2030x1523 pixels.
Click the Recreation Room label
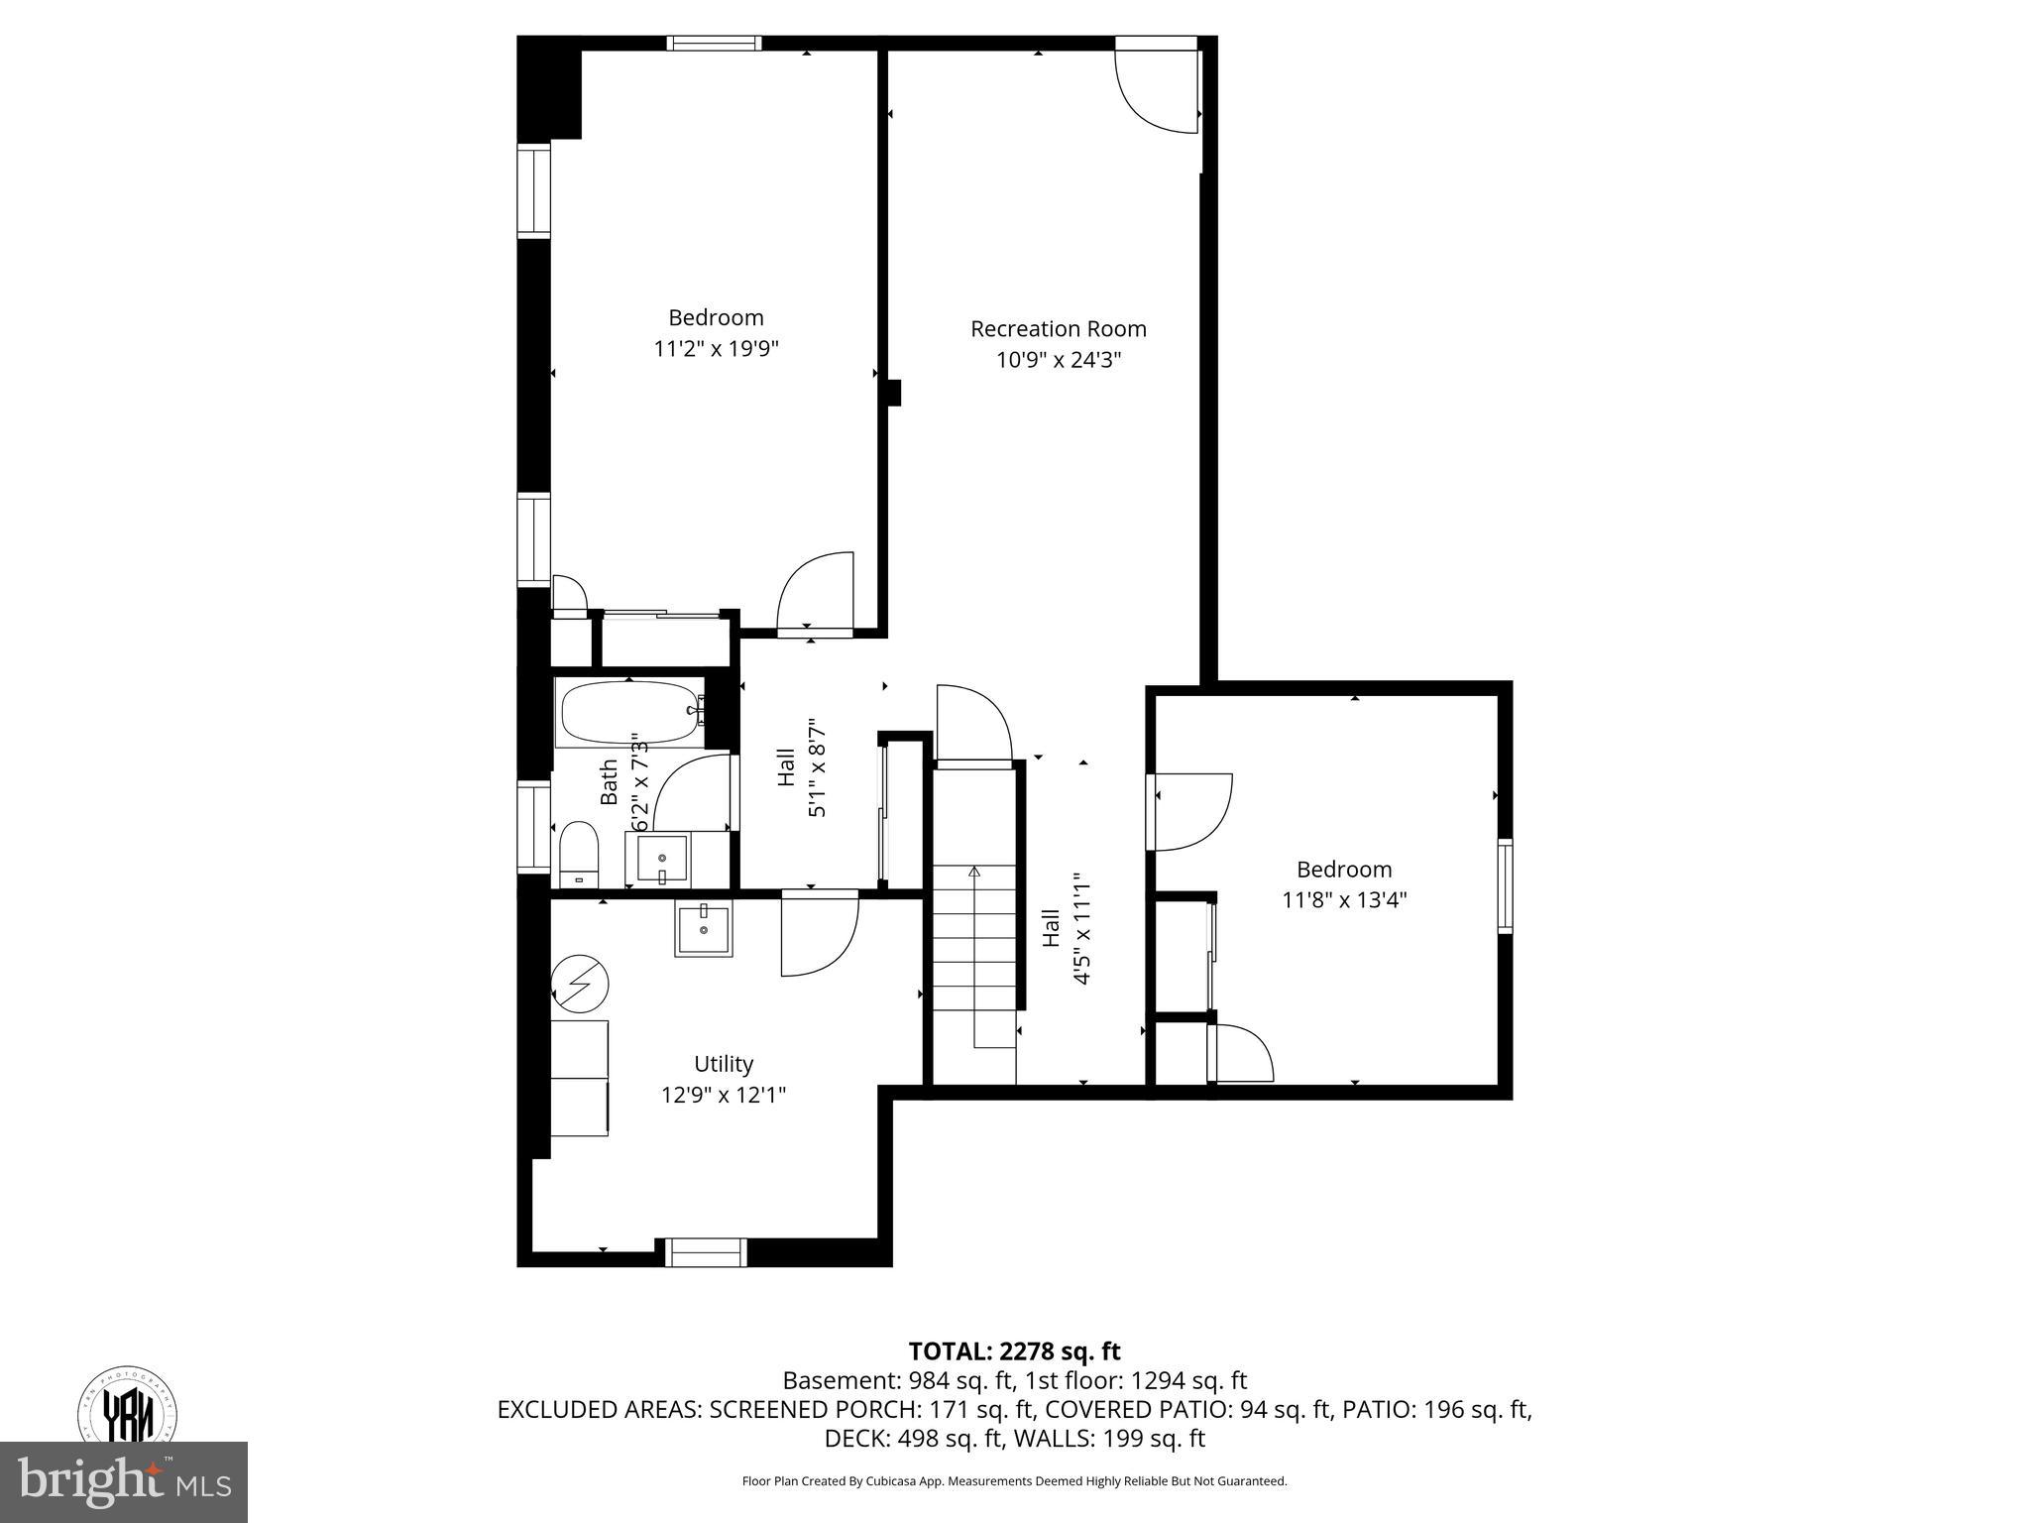[1058, 328]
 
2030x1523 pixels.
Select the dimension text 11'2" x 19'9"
[716, 349]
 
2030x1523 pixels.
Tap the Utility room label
[724, 1064]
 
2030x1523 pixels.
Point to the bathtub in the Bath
[629, 713]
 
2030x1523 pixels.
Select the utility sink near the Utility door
[704, 929]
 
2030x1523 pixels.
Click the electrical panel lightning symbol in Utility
[580, 983]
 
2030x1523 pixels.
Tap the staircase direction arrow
[973, 873]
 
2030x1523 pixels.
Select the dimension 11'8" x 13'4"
[1344, 900]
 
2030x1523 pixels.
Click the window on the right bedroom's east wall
[1505, 885]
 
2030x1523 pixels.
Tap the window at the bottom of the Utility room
[705, 1252]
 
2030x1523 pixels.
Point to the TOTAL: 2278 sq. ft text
[1014, 1350]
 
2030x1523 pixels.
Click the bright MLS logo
[124, 1481]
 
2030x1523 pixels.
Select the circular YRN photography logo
[127, 1408]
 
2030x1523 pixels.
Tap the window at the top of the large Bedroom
[714, 43]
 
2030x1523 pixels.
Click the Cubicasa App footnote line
[1014, 1481]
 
